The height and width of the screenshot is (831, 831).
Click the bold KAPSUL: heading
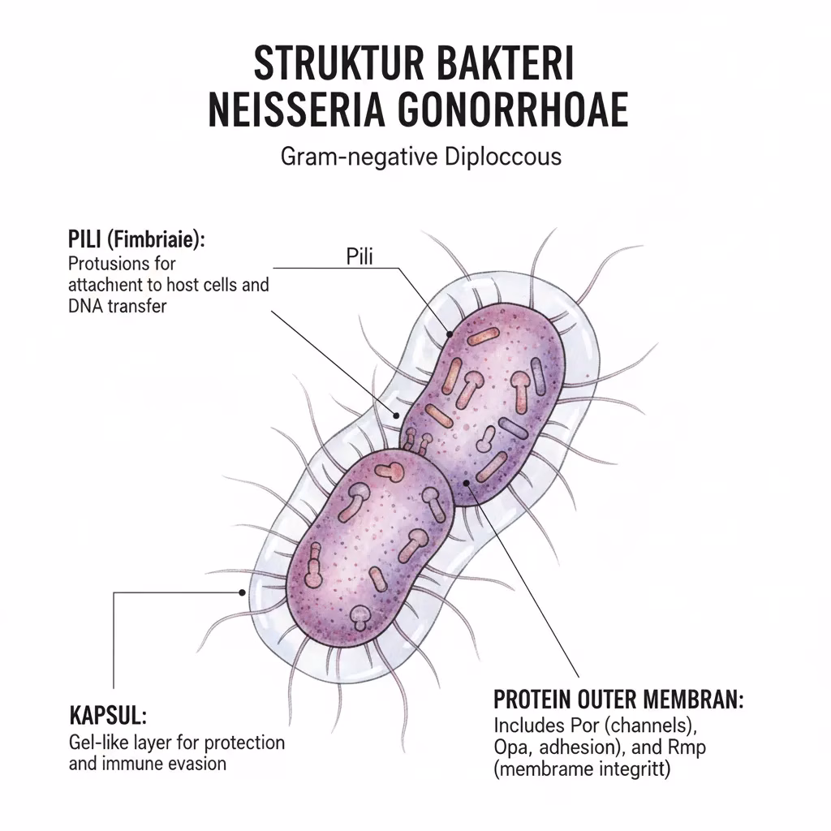coord(107,717)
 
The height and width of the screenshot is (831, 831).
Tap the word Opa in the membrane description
coord(512,746)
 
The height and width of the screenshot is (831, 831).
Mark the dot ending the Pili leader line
coord(448,334)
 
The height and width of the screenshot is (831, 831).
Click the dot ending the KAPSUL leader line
coord(242,592)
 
